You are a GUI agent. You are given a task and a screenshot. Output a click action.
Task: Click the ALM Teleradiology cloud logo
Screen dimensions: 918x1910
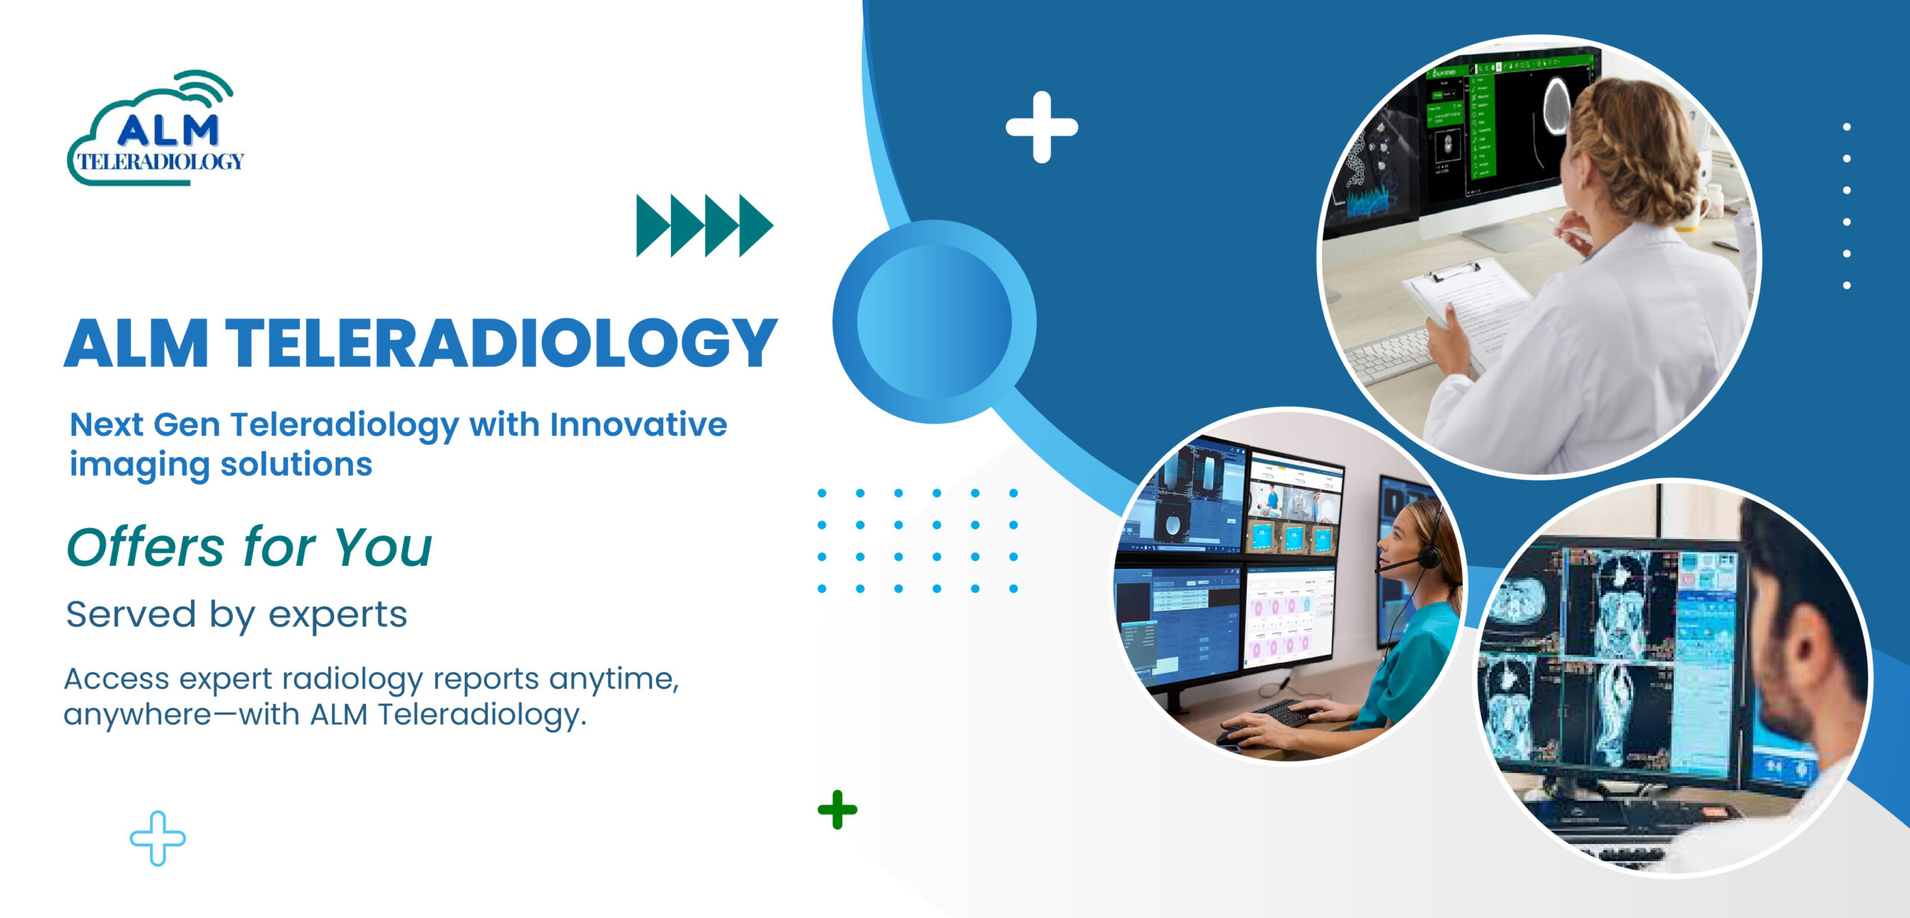click(x=155, y=131)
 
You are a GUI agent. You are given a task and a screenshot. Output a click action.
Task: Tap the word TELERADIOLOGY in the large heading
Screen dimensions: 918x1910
click(x=501, y=344)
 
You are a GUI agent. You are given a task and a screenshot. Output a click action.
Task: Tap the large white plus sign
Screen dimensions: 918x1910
click(x=1042, y=127)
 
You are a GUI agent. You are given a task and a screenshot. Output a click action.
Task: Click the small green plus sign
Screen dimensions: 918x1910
click(x=837, y=809)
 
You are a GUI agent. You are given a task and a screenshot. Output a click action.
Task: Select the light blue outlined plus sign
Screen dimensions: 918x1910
click(x=157, y=838)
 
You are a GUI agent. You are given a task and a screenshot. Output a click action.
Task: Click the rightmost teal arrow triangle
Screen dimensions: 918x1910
click(x=755, y=225)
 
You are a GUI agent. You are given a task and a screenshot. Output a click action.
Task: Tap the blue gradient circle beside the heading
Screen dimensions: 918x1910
click(x=934, y=321)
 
